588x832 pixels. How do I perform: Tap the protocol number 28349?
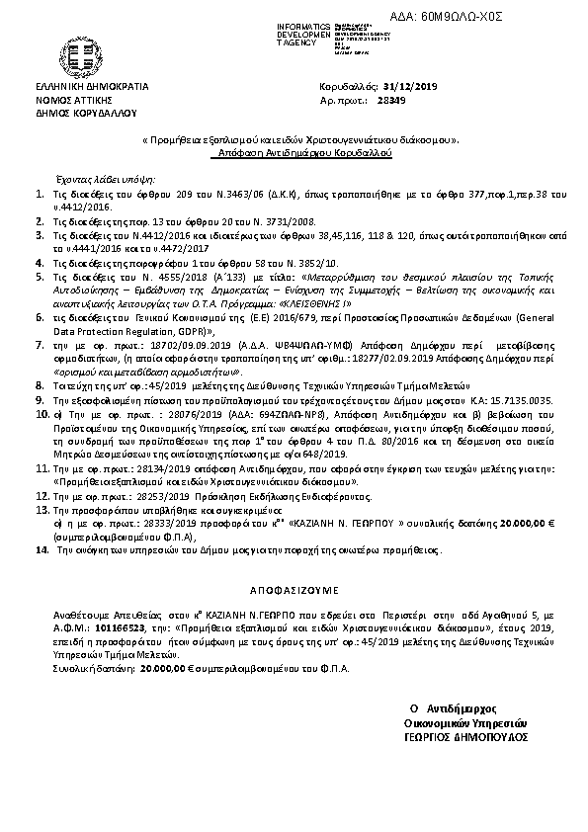(391, 100)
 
